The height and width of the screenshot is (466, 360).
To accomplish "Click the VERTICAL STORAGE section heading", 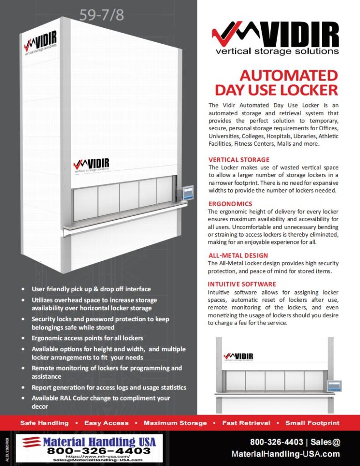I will (239, 160).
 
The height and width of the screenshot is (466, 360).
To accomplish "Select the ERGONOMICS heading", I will (230, 203).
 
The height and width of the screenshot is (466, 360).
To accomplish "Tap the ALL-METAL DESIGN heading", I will (238, 255).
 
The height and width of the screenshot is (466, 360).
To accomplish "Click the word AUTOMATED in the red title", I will (289, 75).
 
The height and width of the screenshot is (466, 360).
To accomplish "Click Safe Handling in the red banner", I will (45, 423).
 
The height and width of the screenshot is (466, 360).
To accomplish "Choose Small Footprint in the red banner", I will (312, 423).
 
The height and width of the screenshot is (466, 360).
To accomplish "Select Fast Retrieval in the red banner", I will (246, 423).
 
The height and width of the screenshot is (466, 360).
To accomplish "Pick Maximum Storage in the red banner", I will (175, 423).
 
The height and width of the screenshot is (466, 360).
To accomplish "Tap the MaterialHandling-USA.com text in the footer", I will (285, 454).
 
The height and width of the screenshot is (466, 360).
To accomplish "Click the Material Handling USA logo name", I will (99, 441).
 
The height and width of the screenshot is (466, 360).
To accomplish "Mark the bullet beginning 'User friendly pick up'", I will (91, 289).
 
